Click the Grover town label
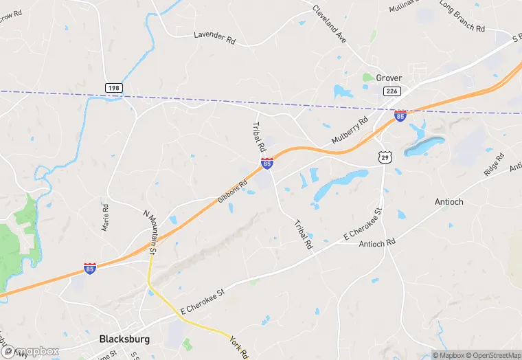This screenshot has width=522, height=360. pyautogui.click(x=389, y=78)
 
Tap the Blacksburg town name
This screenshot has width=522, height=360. pyautogui.click(x=124, y=339)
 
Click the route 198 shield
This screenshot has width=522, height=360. pyautogui.click(x=114, y=88)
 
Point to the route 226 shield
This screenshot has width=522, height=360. pyautogui.click(x=392, y=91)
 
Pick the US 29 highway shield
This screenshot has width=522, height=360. pyautogui.click(x=387, y=157)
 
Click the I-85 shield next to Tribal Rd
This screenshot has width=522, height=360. pyautogui.click(x=266, y=163)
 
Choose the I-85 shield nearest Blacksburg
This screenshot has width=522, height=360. pyautogui.click(x=90, y=268)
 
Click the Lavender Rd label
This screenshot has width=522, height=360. pyautogui.click(x=214, y=37)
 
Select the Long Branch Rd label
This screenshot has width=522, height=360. pyautogui.click(x=462, y=16)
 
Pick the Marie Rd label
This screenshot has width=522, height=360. pyautogui.click(x=105, y=217)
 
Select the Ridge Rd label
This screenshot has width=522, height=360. pyautogui.click(x=494, y=166)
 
